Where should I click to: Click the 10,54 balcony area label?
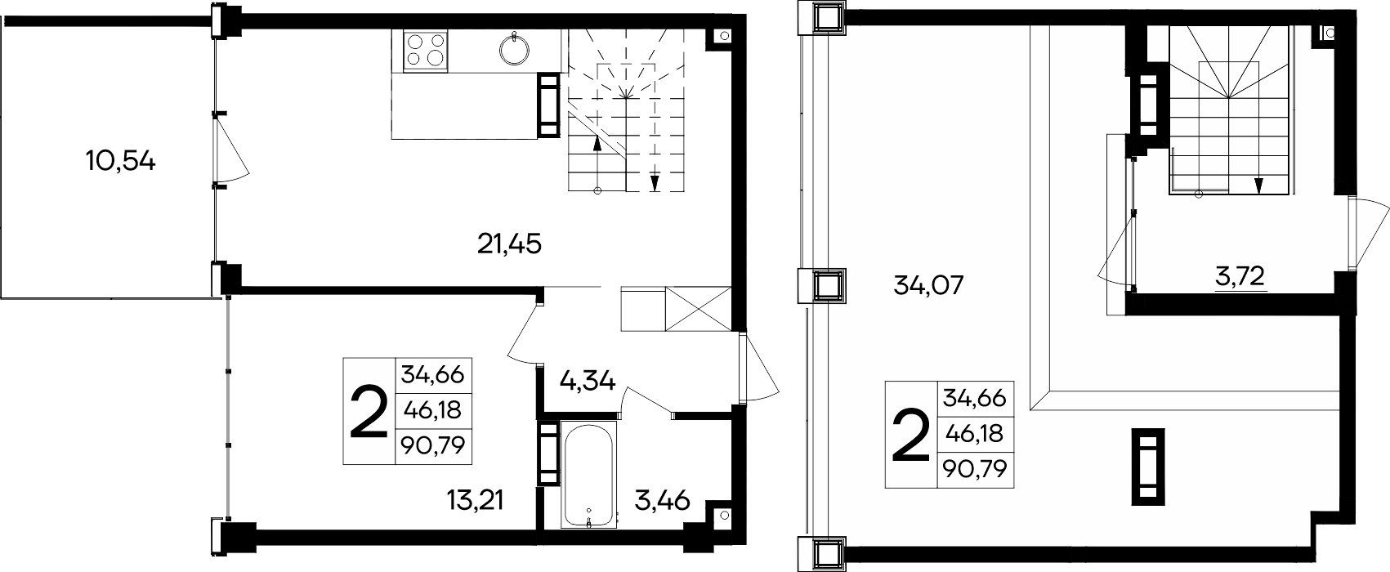121,162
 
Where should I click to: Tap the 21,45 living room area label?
509,244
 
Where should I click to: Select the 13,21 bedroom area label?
476,499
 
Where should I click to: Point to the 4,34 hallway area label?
587,380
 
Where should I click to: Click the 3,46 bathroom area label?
662,500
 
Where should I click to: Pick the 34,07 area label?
928,286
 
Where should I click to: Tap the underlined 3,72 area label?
1240,277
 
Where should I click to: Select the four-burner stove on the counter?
425,50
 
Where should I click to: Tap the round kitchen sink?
515,50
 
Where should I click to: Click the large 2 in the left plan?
369,412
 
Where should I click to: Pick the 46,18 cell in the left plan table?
433,410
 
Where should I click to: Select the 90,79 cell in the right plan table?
975,469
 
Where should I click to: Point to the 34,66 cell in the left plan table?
433,375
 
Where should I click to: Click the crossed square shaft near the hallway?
699,309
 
